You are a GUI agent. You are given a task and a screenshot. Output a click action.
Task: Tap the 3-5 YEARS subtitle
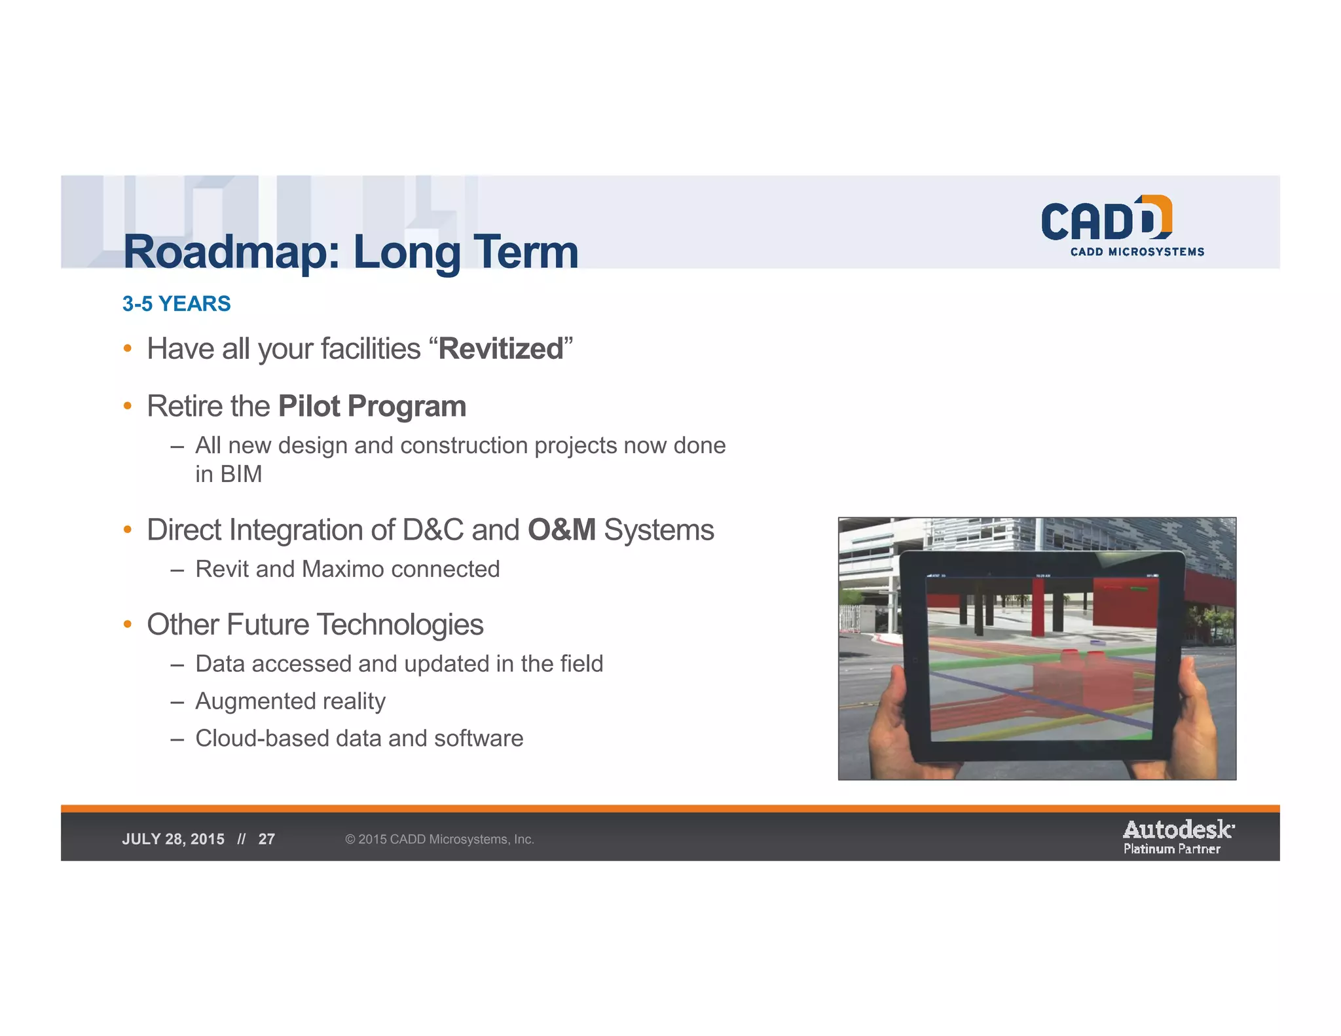coord(176,304)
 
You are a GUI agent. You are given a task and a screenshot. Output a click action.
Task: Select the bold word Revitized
coord(500,349)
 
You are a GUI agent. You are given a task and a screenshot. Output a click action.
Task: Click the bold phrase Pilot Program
coord(372,406)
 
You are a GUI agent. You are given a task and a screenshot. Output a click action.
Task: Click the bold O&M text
coord(561,530)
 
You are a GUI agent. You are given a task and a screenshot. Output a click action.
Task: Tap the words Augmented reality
coord(290,701)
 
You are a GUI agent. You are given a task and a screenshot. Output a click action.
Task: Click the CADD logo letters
coord(1106,220)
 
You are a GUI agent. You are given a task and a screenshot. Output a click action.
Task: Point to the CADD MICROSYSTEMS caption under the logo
coord(1137,252)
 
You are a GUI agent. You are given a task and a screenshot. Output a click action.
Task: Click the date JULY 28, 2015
coord(173,840)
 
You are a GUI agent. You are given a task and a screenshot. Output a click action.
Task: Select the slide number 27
coord(266,840)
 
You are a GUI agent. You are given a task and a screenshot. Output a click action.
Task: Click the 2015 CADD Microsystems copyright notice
coord(439,840)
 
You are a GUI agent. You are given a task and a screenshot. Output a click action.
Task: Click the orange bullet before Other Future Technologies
coord(128,624)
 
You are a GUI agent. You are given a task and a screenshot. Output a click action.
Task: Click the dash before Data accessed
coord(176,665)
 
